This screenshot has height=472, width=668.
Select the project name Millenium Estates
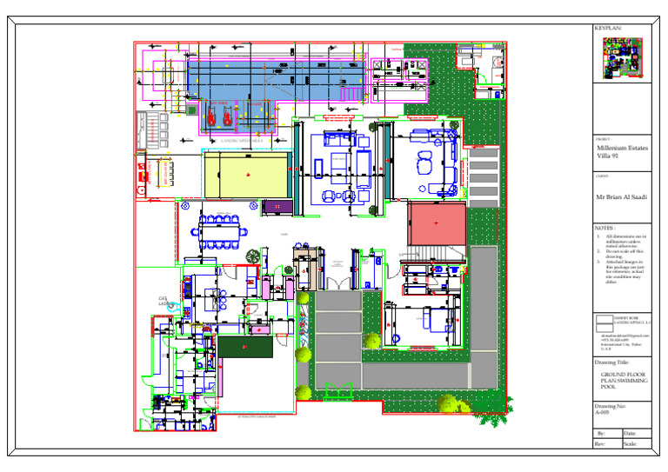click(621, 148)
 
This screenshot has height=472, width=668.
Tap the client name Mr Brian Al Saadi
click(621, 197)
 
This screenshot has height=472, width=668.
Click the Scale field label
click(631, 443)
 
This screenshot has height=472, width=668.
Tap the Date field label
click(631, 433)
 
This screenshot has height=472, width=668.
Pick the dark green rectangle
click(245, 346)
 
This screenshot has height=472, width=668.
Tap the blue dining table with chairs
click(222, 231)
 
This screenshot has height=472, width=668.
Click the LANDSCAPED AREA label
click(242, 139)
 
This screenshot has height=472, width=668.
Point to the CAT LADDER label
click(164, 301)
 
